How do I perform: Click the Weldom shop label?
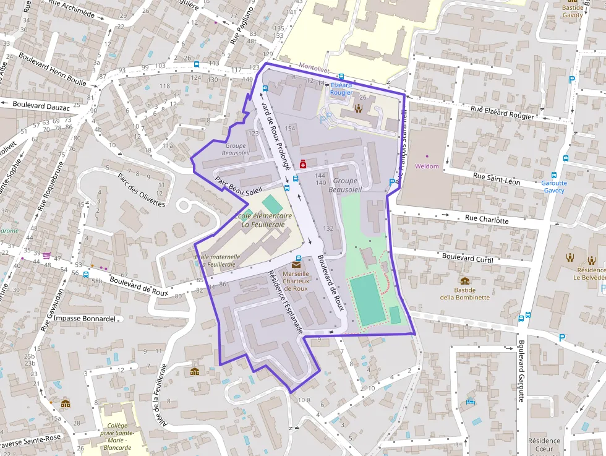(427, 166)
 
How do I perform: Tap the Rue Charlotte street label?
(487, 219)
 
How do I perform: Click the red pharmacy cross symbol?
(303, 164)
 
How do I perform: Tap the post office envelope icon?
(296, 265)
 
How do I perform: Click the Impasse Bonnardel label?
(85, 319)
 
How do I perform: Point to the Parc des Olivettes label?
(142, 189)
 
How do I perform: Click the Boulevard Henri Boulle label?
(52, 67)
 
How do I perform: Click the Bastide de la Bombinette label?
(464, 293)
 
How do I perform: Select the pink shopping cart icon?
(46, 254)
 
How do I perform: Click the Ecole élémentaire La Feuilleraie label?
(263, 220)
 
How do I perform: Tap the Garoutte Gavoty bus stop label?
(553, 187)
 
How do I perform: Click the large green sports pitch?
(367, 300)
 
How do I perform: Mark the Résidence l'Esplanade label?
(286, 303)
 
